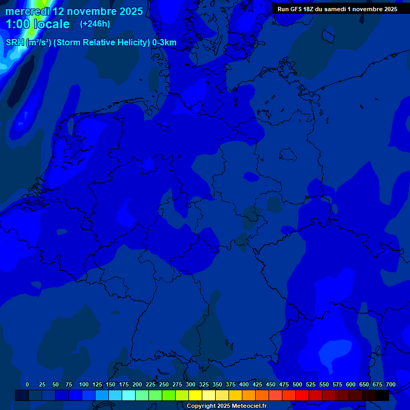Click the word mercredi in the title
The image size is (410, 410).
pos(27,11)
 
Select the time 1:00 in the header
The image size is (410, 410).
pos(17,24)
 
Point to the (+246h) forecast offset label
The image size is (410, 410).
pos(94,24)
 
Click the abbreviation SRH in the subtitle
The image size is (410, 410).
pos(15,43)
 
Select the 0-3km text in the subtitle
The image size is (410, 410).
pos(164,43)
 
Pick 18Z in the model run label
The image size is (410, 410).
pos(309,9)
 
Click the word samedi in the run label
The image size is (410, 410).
pos(335,9)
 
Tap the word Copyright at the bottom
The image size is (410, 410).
pos(202,406)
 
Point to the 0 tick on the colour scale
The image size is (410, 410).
pos(27,385)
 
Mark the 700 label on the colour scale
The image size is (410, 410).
pos(391,385)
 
